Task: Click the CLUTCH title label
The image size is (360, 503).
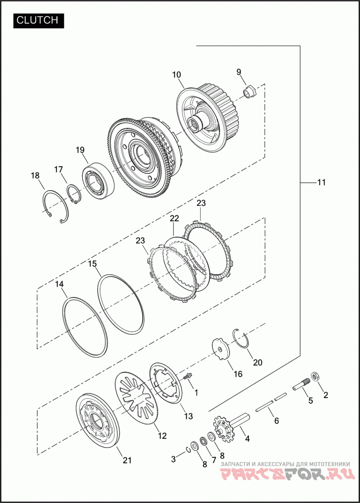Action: (38, 20)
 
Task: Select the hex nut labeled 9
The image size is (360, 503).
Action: (249, 92)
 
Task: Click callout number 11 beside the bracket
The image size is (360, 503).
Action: (321, 183)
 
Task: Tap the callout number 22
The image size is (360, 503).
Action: (174, 218)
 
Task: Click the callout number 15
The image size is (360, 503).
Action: (92, 263)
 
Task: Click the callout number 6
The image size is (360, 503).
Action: (276, 421)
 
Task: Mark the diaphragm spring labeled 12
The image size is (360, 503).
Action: (138, 397)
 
